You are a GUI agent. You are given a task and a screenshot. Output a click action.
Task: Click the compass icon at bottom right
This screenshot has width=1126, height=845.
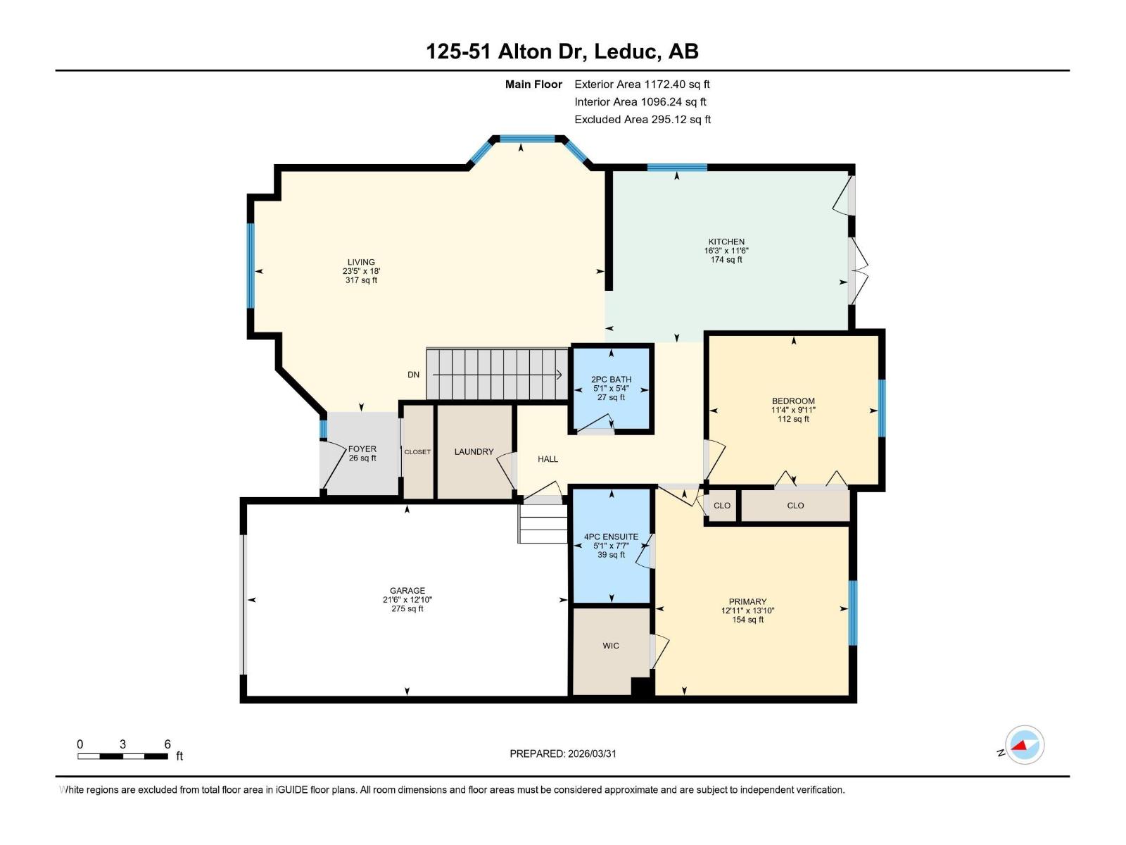(x=1025, y=745)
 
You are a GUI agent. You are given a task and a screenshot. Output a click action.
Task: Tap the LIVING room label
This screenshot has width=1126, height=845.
(x=361, y=262)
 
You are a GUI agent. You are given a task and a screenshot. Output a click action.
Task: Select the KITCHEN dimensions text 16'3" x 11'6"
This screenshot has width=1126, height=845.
(x=726, y=251)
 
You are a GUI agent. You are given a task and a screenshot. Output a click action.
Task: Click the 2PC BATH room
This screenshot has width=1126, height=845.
(x=611, y=388)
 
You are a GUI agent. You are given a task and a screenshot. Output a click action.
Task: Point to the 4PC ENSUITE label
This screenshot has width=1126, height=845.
(x=611, y=537)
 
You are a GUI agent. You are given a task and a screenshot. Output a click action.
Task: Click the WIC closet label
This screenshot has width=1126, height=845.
(x=611, y=646)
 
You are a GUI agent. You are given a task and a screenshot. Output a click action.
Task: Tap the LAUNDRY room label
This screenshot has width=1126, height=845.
(x=474, y=452)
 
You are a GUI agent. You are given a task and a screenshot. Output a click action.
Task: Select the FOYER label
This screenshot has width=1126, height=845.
(x=362, y=449)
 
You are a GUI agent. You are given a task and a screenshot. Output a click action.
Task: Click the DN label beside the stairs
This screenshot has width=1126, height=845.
(x=413, y=375)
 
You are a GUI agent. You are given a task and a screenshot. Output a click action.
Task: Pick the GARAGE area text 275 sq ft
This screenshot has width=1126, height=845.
(x=407, y=609)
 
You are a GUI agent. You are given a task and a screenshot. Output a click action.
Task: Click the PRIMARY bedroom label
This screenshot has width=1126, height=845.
(x=747, y=602)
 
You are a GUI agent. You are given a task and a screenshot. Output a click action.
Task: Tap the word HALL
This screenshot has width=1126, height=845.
(x=548, y=459)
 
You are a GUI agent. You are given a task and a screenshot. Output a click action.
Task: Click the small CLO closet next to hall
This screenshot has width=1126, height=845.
(x=722, y=506)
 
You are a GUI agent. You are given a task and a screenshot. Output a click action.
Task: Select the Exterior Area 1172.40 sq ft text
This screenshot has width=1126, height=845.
(x=642, y=84)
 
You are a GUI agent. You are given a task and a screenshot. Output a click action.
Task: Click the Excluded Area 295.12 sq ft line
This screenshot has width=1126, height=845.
(x=643, y=120)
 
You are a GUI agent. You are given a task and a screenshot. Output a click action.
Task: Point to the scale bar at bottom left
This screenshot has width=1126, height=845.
(x=123, y=756)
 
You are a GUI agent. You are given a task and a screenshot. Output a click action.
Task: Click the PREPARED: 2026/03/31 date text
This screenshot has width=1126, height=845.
(x=563, y=753)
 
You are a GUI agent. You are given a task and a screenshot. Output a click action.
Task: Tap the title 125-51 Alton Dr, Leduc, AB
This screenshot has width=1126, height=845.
(x=562, y=51)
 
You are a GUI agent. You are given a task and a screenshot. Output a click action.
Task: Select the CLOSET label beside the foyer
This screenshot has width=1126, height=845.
(x=417, y=452)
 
